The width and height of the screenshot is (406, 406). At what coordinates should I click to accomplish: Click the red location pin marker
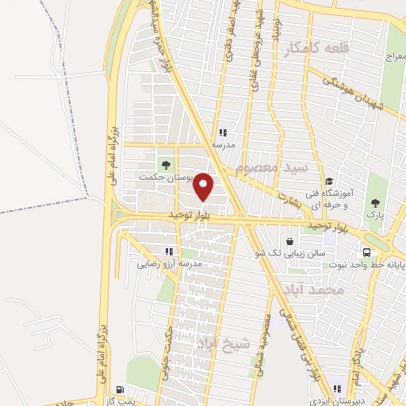(x=204, y=186)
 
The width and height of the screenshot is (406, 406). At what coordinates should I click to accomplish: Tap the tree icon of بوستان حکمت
(x=165, y=164)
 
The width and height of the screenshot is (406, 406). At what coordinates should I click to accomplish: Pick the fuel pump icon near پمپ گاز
(x=120, y=389)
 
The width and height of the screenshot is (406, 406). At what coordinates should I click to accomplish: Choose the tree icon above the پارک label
(x=373, y=202)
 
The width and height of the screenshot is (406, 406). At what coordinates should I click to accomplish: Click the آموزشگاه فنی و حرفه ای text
(x=349, y=197)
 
